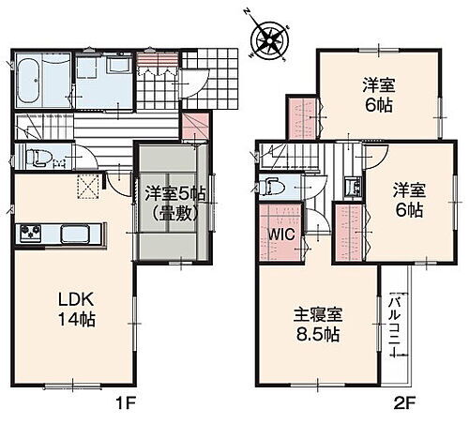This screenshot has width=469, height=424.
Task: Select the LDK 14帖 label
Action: click(x=77, y=310)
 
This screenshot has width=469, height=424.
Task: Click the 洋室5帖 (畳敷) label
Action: click(x=174, y=202)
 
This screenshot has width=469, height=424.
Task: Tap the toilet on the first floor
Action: click(x=35, y=158)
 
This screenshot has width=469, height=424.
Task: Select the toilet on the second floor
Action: click(x=272, y=186)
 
